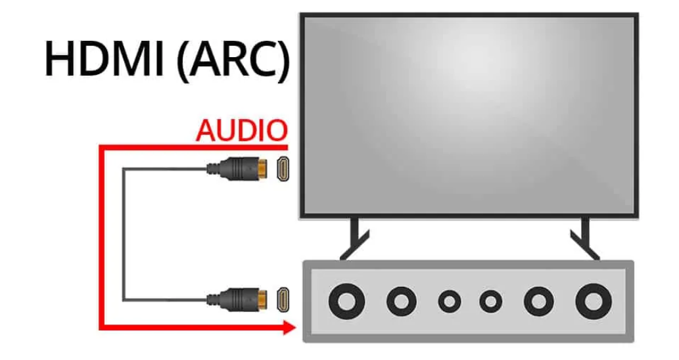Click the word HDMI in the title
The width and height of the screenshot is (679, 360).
point(105,58)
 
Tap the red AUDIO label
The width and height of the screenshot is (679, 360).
point(241,131)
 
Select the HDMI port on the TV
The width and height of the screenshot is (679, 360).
point(282,169)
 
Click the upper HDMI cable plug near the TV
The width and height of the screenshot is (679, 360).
point(237,169)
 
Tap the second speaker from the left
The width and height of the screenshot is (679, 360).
point(400,302)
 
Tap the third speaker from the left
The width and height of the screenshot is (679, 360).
point(449,302)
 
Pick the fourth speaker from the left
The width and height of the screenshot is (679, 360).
point(490,302)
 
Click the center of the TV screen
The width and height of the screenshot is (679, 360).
point(469,114)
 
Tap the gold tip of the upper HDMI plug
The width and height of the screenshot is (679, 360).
point(261,169)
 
